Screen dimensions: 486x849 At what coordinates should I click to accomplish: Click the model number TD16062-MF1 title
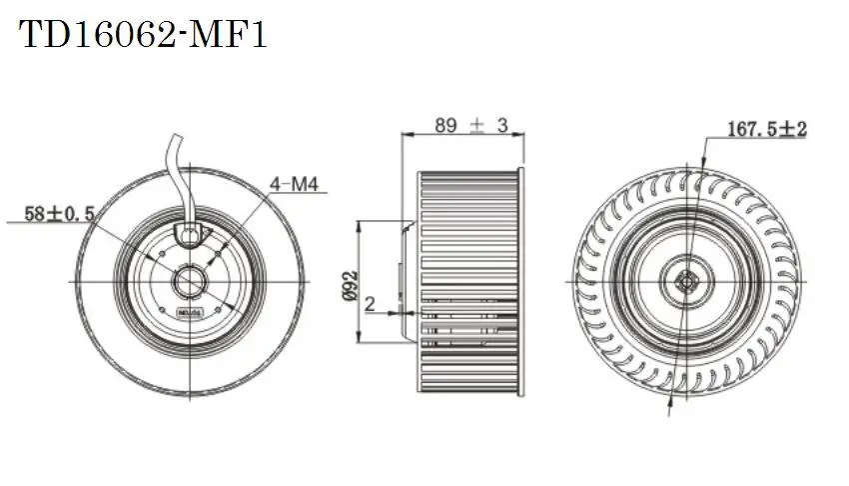(145, 36)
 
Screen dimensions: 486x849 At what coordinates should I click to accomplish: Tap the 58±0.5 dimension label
(60, 213)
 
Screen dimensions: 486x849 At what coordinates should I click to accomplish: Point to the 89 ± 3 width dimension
(471, 125)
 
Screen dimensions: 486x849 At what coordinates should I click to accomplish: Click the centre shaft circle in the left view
(188, 283)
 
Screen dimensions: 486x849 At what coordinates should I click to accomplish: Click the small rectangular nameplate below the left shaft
(188, 313)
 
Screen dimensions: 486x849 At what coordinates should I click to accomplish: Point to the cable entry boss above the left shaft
(188, 234)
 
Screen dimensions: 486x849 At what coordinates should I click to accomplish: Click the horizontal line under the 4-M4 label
(300, 195)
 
